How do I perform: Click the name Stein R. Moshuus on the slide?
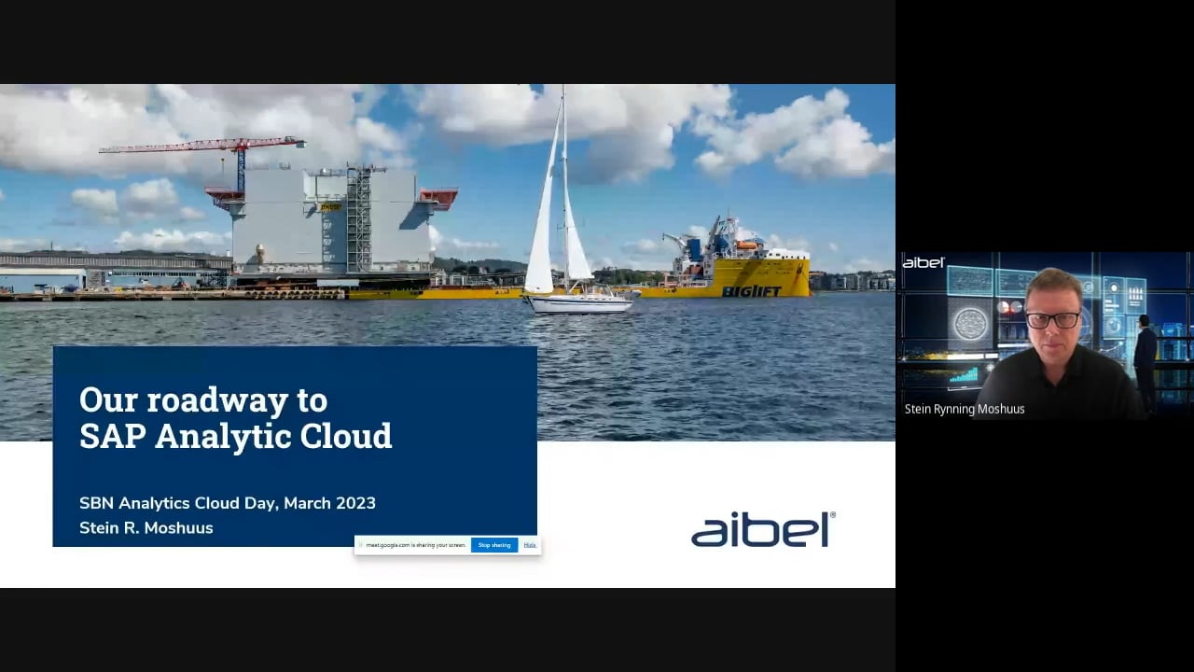[146, 528]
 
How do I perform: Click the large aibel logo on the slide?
[762, 529]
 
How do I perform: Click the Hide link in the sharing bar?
[530, 545]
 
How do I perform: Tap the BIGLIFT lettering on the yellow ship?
[751, 291]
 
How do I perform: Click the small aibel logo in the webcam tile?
[923, 263]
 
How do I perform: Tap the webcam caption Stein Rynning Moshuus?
[965, 410]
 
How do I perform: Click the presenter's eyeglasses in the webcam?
[1052, 320]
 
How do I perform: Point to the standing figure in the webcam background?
[1145, 359]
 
